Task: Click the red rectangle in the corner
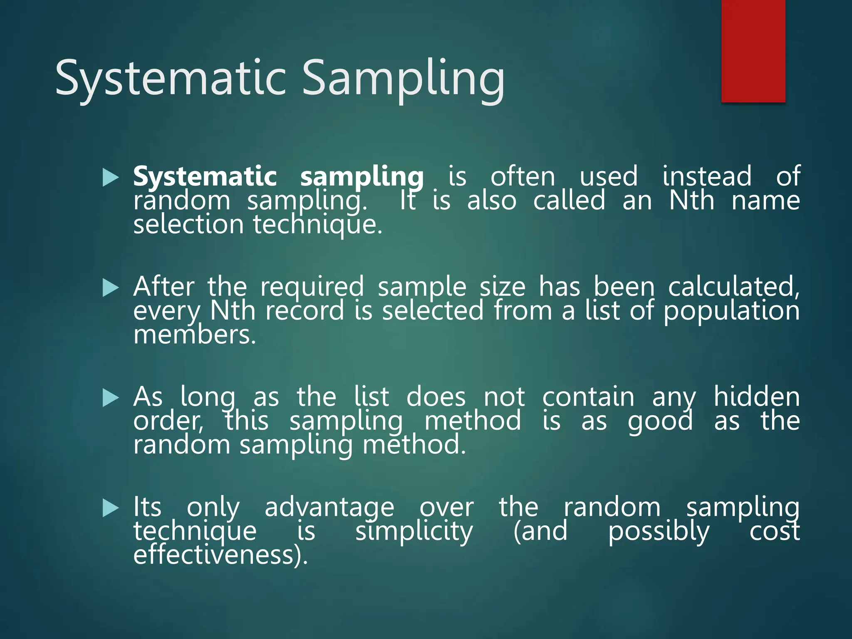tap(753, 51)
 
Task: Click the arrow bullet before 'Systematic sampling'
tap(110, 178)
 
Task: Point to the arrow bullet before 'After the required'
tap(110, 288)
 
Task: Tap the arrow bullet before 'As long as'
tap(110, 398)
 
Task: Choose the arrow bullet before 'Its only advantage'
tap(110, 508)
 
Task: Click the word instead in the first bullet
tap(707, 176)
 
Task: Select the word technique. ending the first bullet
tap(317, 225)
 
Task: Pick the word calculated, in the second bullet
tap(733, 287)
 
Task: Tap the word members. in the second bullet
tap(194, 335)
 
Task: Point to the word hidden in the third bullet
tap(756, 397)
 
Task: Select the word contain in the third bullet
tap(588, 397)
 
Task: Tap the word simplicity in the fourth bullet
tap(414, 532)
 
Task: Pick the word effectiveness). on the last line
tap(220, 555)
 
